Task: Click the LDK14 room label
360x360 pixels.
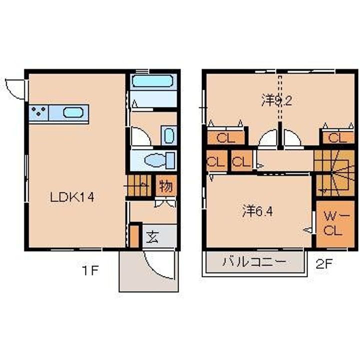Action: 71,197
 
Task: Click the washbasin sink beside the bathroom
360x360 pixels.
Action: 168,135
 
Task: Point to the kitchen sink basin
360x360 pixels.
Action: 73,113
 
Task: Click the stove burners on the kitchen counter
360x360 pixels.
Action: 38,113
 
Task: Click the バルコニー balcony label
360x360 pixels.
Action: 254,261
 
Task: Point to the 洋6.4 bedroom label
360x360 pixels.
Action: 258,211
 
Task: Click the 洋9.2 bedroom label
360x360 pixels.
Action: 276,101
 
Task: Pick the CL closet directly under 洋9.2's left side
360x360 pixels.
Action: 226,138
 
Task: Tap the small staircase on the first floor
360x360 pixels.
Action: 138,186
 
